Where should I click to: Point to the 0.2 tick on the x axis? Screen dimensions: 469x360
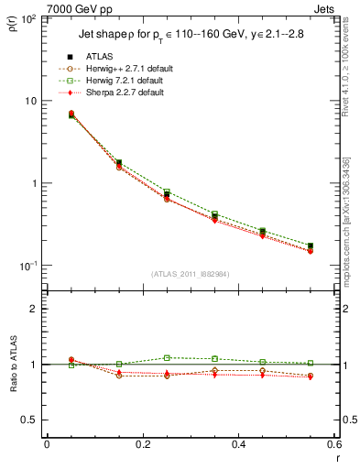click(x=142, y=444)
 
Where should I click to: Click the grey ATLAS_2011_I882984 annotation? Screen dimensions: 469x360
click(x=191, y=273)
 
